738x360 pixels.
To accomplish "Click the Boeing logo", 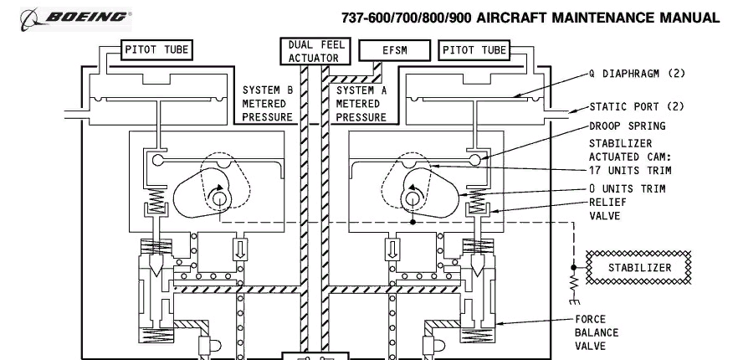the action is click(75, 19).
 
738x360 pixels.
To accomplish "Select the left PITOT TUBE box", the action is click(156, 49).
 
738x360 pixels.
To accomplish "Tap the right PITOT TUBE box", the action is click(474, 50).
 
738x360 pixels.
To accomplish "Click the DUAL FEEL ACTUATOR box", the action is click(315, 51).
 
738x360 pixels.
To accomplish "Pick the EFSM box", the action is click(394, 50).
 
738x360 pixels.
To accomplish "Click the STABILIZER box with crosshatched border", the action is click(638, 268).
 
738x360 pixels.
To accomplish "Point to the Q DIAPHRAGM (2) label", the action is click(638, 74).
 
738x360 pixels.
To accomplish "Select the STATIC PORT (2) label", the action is click(637, 107).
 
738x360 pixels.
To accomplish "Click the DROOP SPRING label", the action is click(628, 126).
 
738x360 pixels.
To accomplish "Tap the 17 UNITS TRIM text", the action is click(630, 170).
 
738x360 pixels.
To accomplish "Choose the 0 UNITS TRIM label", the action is click(628, 189).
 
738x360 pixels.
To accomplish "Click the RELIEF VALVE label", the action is click(607, 208).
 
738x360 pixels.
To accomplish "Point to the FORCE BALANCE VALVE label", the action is click(597, 332).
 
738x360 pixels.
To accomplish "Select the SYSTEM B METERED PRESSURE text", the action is click(268, 104).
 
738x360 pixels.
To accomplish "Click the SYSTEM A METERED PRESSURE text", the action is click(361, 104).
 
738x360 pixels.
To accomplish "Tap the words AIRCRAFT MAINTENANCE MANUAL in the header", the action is click(597, 18).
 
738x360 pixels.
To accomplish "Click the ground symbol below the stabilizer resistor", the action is click(574, 301).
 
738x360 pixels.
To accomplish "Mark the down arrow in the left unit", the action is click(240, 249).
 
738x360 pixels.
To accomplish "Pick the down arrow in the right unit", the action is click(392, 249).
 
